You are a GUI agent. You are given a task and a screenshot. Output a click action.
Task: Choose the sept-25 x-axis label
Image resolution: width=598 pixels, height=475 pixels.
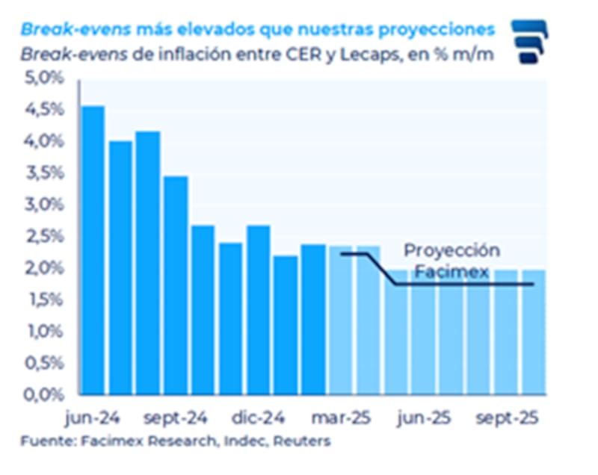[510, 417]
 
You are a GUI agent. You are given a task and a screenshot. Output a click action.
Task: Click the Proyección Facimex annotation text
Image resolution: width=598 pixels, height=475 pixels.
[451, 261]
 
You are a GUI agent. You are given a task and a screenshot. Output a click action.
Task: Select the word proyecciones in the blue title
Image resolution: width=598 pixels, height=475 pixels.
[431, 29]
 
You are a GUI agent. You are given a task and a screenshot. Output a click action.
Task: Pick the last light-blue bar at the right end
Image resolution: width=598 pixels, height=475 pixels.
[533, 332]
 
